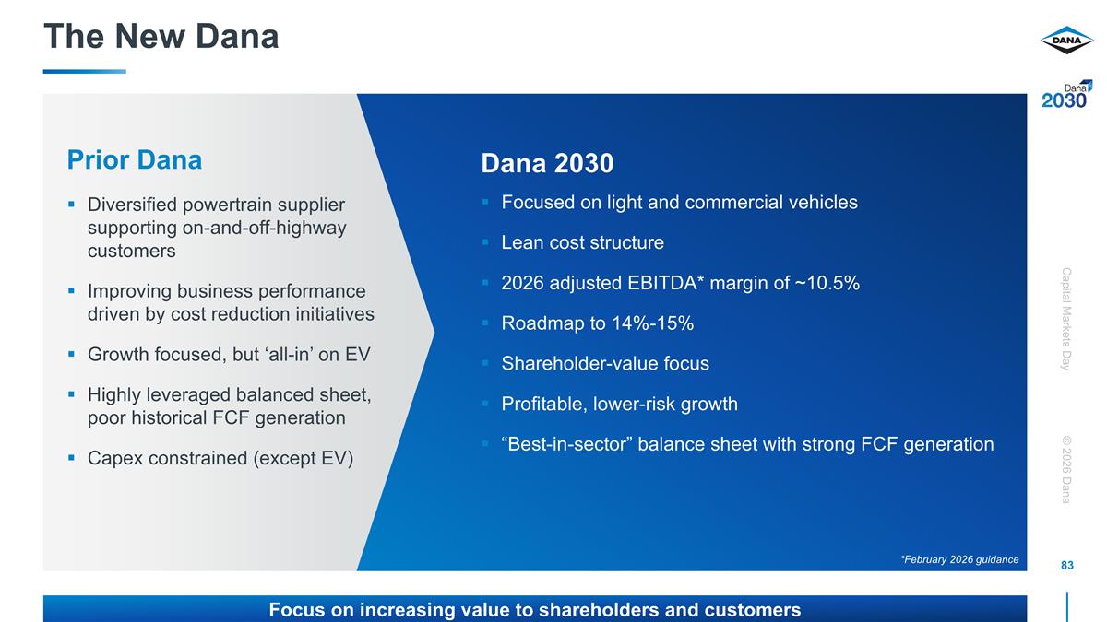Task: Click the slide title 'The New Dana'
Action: click(161, 37)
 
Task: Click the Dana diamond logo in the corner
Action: click(1066, 41)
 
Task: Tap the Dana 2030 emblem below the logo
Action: click(1066, 95)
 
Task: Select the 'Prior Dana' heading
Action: click(135, 160)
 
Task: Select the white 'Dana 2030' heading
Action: click(547, 164)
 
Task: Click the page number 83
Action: click(1067, 565)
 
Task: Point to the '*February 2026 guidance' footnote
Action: click(959, 559)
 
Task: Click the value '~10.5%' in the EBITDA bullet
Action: click(828, 284)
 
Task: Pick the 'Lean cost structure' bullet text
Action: click(582, 243)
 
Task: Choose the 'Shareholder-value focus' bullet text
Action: click(605, 364)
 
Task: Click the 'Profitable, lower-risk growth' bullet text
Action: click(619, 405)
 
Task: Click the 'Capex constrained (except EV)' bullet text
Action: click(220, 458)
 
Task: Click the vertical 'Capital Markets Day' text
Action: click(1066, 319)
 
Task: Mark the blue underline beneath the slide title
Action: click(84, 71)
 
